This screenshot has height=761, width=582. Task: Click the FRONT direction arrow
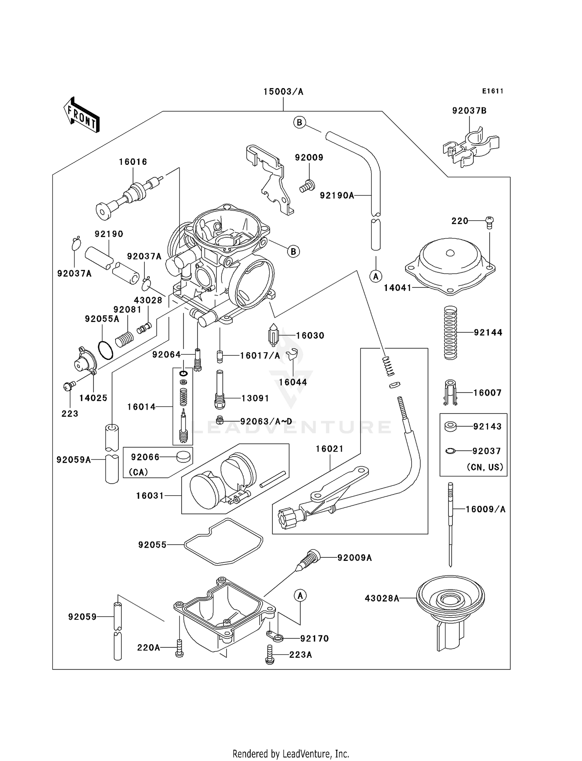(x=81, y=115)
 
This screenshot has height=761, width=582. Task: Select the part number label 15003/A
(x=283, y=92)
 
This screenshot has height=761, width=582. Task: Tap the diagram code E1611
(x=493, y=91)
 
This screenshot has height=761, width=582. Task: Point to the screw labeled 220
(x=489, y=222)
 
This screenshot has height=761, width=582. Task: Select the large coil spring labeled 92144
(x=450, y=333)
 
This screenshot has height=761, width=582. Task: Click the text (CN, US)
(x=485, y=467)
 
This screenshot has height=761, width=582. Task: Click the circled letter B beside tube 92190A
(x=299, y=123)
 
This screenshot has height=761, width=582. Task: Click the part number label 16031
(x=150, y=496)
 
